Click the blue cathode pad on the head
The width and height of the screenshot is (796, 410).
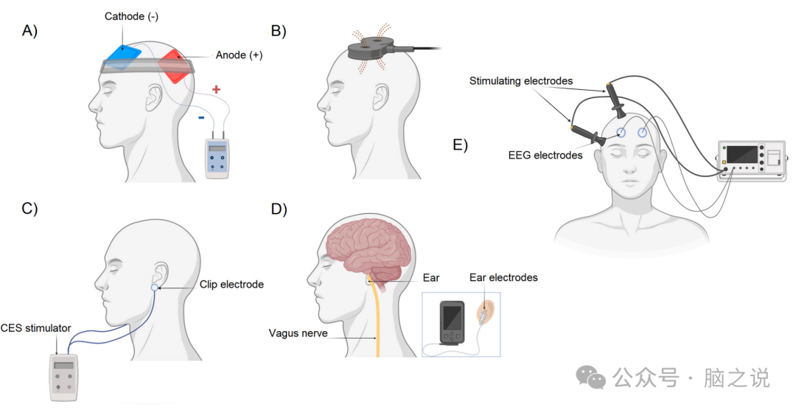pyautogui.click(x=122, y=55)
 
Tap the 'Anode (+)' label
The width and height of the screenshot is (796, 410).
pyautogui.click(x=239, y=55)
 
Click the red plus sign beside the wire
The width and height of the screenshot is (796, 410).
pyautogui.click(x=216, y=89)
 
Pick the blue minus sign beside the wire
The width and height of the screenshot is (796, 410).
pyautogui.click(x=201, y=117)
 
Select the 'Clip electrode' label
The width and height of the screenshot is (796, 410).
pyautogui.click(x=231, y=285)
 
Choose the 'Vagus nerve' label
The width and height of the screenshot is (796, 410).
pyautogui.click(x=299, y=334)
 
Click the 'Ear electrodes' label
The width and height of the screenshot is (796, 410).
pyautogui.click(x=503, y=277)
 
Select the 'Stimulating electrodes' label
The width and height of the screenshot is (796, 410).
pyautogui.click(x=521, y=81)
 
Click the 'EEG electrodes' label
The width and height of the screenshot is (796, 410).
pyautogui.click(x=546, y=155)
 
